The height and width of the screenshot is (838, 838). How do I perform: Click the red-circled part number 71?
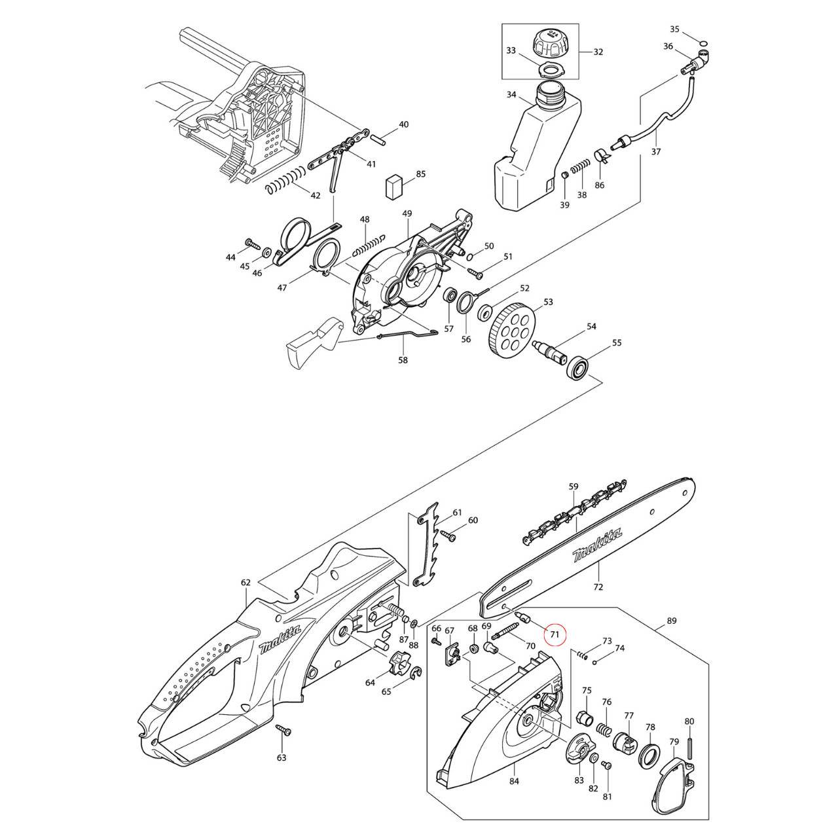pos(555,634)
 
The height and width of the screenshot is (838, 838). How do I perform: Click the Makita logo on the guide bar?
pos(596,545)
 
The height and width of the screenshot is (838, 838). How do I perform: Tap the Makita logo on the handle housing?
pos(280,639)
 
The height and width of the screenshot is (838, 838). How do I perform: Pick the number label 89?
pos(671,621)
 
